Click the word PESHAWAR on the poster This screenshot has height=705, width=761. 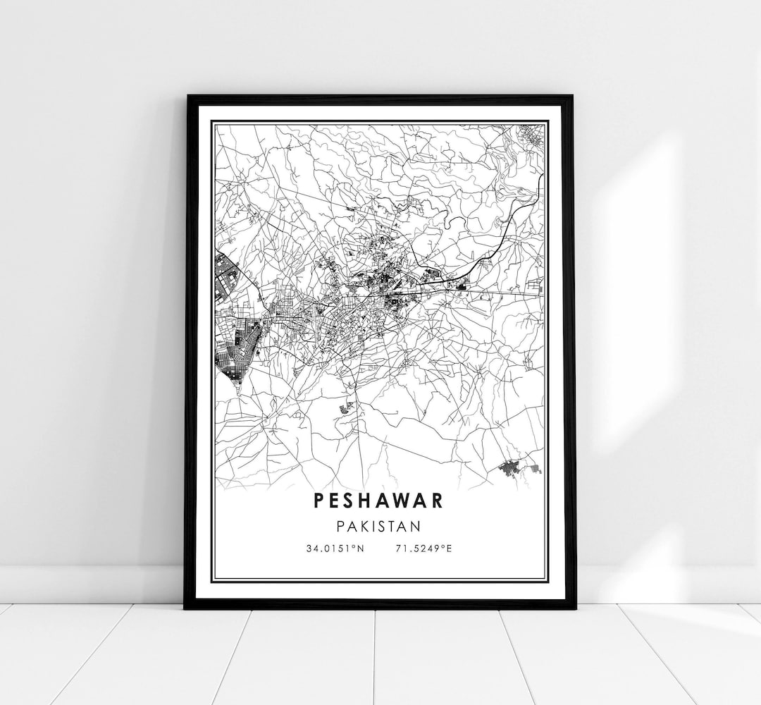[378, 501]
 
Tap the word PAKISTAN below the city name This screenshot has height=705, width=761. [378, 526]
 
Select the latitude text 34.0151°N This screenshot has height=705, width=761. [335, 548]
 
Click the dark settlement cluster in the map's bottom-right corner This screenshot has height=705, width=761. [518, 467]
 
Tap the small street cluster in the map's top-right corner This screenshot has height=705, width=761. [531, 135]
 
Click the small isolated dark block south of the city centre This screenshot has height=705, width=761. [345, 407]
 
